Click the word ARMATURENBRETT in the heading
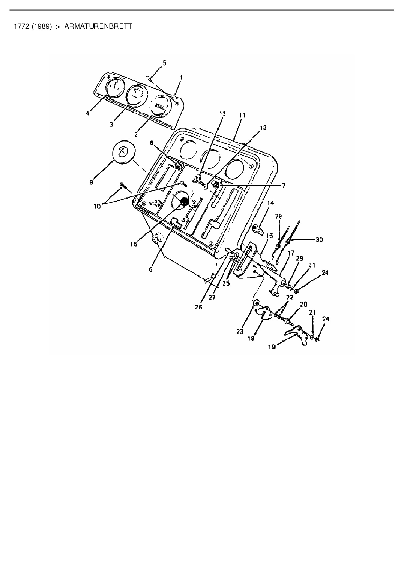pyautogui.click(x=98, y=26)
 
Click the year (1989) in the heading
pyautogui.click(x=42, y=26)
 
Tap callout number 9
pyautogui.click(x=92, y=182)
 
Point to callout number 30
pyautogui.click(x=319, y=239)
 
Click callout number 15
pyautogui.click(x=134, y=244)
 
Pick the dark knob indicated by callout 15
pyautogui.click(x=184, y=202)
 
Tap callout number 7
pyautogui.click(x=283, y=185)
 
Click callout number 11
pyautogui.click(x=242, y=116)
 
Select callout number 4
pyautogui.click(x=88, y=113)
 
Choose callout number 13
pyautogui.click(x=263, y=128)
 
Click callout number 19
pyautogui.click(x=272, y=347)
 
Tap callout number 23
pyautogui.click(x=240, y=332)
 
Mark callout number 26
pyautogui.click(x=198, y=307)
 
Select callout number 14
pyautogui.click(x=270, y=203)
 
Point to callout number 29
pyautogui.click(x=278, y=216)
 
